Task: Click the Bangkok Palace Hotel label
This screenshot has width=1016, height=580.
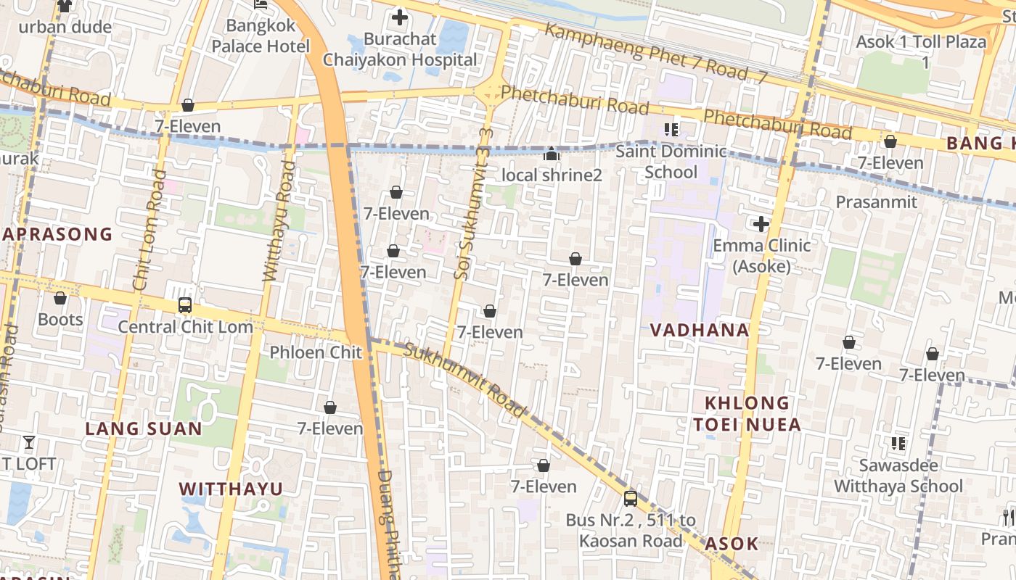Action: (x=261, y=36)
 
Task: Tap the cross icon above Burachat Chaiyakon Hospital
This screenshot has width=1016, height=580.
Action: (x=400, y=17)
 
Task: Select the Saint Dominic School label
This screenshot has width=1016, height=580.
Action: (x=671, y=162)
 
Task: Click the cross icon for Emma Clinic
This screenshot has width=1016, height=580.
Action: (x=761, y=224)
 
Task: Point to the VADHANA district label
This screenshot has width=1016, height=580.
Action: (x=700, y=331)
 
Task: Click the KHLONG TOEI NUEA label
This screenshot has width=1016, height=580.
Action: (x=747, y=414)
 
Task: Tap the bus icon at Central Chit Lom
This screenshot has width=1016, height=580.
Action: (x=185, y=305)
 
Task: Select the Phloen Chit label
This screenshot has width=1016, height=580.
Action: (x=316, y=352)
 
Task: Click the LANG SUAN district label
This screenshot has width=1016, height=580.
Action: (x=144, y=428)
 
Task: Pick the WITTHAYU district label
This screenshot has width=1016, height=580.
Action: (x=231, y=489)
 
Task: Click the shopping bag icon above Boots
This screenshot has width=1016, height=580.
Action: (x=60, y=298)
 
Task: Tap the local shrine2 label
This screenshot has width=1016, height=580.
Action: (x=552, y=175)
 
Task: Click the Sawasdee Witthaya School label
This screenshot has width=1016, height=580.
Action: (x=898, y=476)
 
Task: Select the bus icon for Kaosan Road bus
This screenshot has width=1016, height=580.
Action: (x=631, y=499)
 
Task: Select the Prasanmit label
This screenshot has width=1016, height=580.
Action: (x=877, y=202)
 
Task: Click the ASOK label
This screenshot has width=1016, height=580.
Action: (x=732, y=544)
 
